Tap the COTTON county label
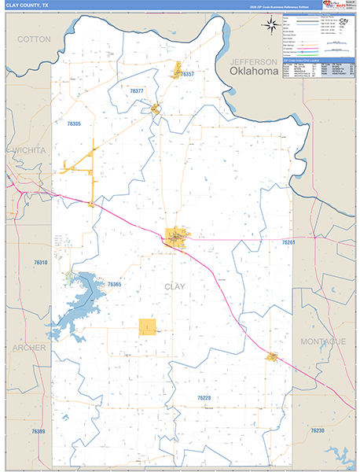pos(34,39)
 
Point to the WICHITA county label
pos(28,149)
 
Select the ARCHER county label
pos(29,347)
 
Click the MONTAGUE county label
pos(322,341)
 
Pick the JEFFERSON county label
pos(253,61)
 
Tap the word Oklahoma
pos(254,72)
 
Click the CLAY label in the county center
pos(174,286)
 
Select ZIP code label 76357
pos(187,74)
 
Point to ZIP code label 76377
pos(137,91)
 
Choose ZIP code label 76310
pos(41,262)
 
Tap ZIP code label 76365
pos(115,284)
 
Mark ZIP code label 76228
pos(204,399)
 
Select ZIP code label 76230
pos(318,430)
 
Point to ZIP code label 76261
pos(288,243)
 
